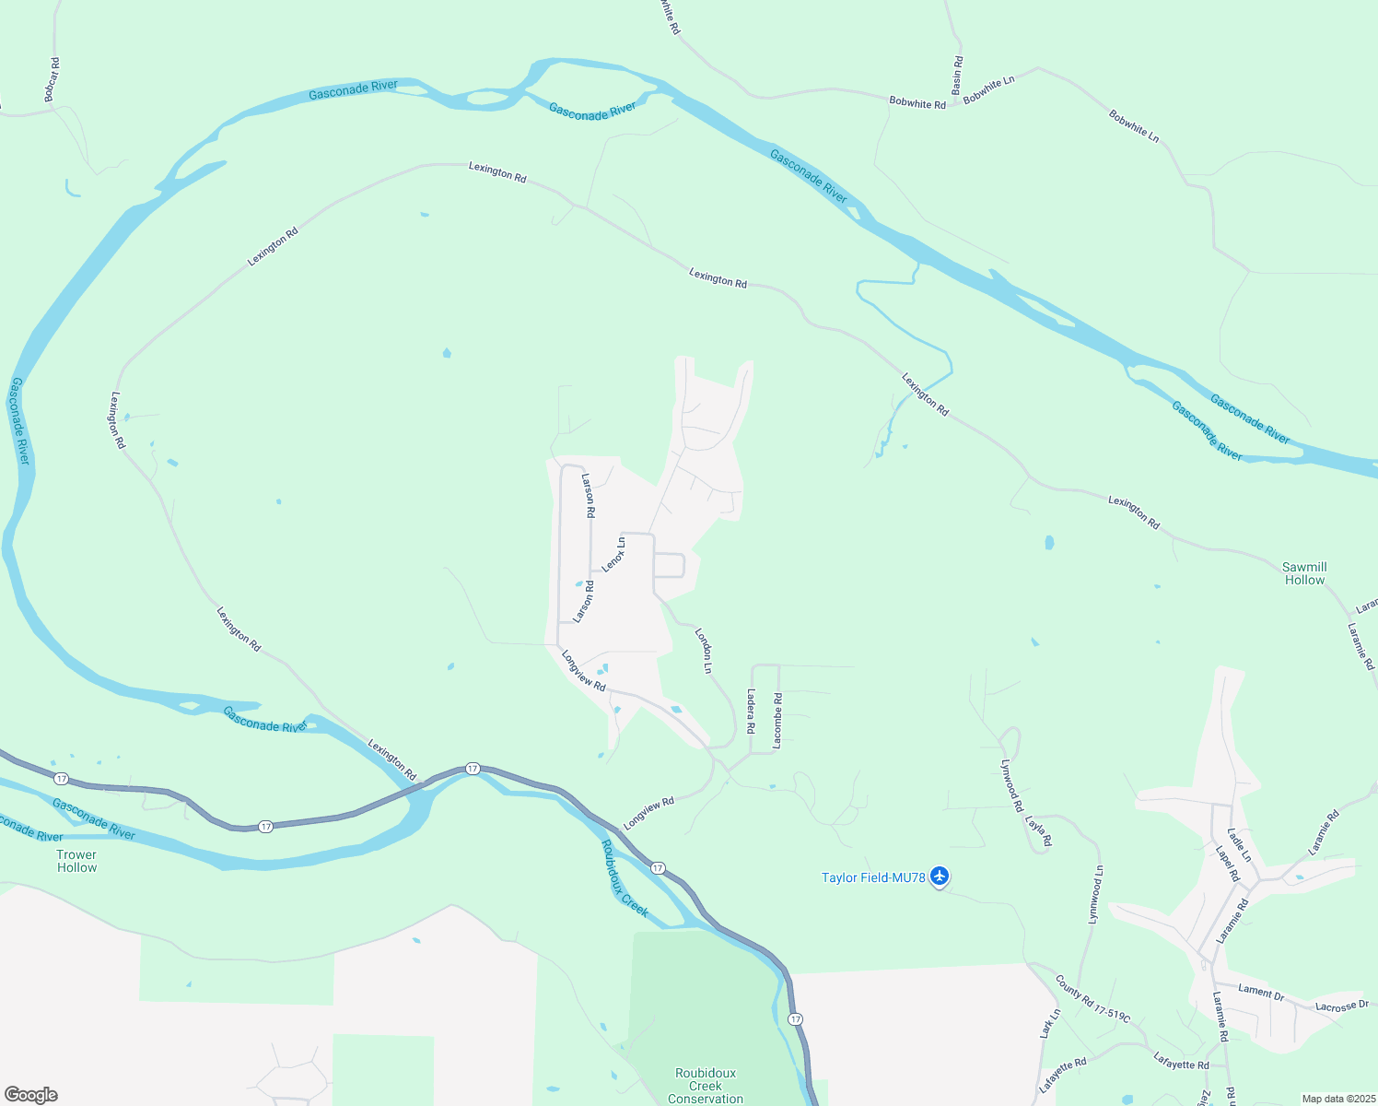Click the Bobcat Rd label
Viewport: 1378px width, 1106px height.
[x=52, y=79]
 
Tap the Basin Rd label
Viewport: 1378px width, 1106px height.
[x=957, y=75]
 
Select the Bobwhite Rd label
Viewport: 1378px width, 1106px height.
[x=917, y=103]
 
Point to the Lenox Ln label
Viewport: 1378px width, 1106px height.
[x=613, y=555]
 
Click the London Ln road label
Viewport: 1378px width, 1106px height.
[x=705, y=651]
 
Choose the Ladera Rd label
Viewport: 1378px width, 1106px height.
[x=752, y=711]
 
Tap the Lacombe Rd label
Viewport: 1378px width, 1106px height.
[x=777, y=720]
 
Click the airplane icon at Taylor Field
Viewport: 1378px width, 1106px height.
[x=939, y=876]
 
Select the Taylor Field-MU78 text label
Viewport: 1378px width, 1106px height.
[x=873, y=877]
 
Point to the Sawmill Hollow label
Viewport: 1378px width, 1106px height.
[x=1304, y=573]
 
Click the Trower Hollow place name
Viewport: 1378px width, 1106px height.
[x=76, y=861]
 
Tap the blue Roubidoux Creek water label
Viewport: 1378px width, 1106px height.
[x=625, y=878]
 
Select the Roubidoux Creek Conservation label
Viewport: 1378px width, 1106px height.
[x=706, y=1086]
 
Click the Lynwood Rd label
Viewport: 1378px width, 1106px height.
[x=1011, y=785]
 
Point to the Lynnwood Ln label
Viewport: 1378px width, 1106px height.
[x=1095, y=894]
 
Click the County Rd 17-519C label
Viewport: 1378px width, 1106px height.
[x=1092, y=997]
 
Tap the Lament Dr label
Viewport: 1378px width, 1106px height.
[x=1261, y=992]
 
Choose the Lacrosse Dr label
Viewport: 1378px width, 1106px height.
[x=1342, y=1006]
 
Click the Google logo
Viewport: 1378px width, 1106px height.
[x=31, y=1095]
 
